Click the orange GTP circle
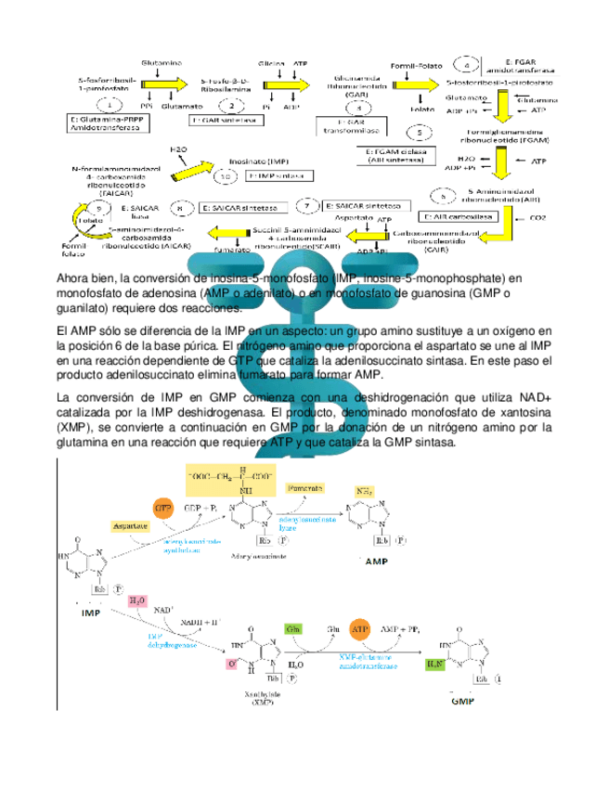[x=163, y=509]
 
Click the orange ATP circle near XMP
[x=358, y=629]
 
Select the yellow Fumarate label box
[x=304, y=488]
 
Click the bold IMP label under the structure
[x=92, y=613]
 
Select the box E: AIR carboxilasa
[x=468, y=215]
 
